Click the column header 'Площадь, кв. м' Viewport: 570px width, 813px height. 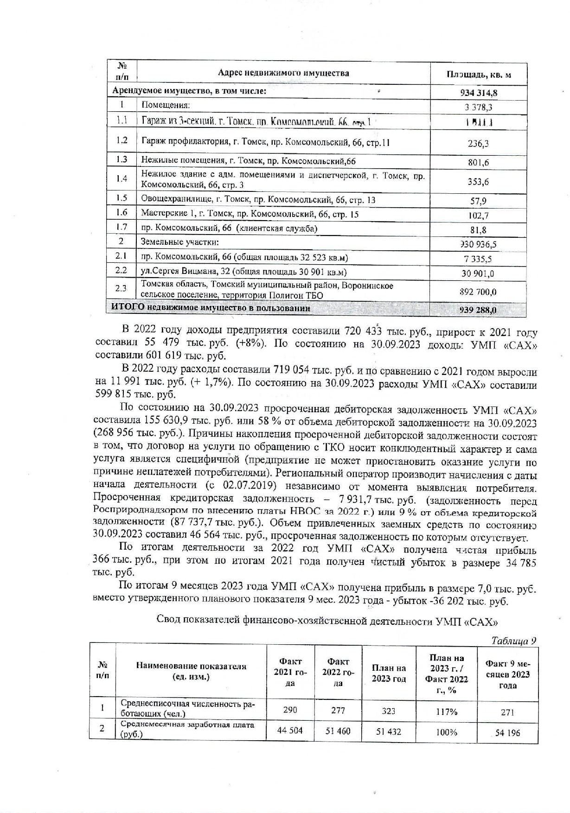(x=479, y=75)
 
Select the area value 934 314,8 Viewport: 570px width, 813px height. (x=479, y=93)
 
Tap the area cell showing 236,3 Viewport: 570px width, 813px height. (x=478, y=144)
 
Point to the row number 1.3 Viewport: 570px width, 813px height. (x=122, y=160)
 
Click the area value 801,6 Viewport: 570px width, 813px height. (x=478, y=163)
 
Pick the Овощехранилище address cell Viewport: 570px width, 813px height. (x=258, y=200)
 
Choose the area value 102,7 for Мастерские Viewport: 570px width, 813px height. (x=478, y=216)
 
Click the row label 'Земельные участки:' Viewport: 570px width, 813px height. (x=180, y=242)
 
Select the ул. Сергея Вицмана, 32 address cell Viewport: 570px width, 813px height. (x=243, y=272)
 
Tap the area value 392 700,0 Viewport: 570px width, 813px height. (x=478, y=292)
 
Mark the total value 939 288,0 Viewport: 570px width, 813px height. (x=478, y=310)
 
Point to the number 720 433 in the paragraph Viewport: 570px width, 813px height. (x=363, y=332)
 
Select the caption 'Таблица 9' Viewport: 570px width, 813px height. (x=514, y=641)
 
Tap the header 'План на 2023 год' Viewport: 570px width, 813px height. (x=389, y=673)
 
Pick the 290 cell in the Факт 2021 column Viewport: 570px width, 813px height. (x=289, y=710)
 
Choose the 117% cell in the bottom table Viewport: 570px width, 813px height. (x=446, y=711)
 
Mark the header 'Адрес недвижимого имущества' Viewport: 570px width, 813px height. (x=283, y=73)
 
